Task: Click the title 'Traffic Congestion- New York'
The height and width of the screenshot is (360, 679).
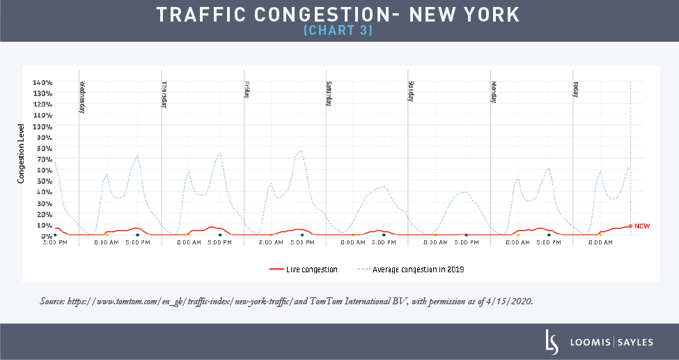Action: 338,15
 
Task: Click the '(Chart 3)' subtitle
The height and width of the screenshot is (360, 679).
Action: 338,31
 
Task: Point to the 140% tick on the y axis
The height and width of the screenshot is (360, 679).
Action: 42,82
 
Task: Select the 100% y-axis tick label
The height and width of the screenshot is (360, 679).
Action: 42,127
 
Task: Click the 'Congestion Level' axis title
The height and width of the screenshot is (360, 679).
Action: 22,154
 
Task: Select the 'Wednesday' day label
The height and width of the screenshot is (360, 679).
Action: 82,97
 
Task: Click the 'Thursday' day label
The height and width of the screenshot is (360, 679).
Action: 164,96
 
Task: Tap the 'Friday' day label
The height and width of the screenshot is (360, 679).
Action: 247,91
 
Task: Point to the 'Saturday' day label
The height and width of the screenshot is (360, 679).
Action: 329,93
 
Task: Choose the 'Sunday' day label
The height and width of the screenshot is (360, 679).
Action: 411,92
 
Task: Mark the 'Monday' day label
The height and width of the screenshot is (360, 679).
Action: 493,92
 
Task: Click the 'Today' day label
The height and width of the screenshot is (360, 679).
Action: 575,90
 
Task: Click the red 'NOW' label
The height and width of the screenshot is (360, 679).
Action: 642,226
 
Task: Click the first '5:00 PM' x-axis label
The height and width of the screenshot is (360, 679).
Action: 54,243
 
